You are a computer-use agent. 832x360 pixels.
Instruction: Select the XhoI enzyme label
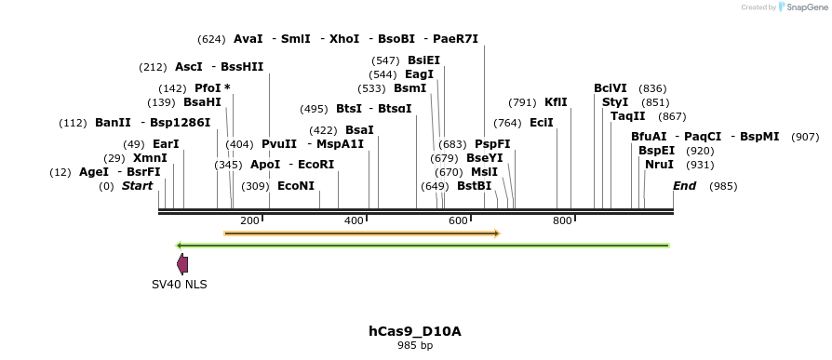[344, 39]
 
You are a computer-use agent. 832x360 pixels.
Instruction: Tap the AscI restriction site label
[189, 67]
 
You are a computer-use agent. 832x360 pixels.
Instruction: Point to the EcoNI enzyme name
[296, 186]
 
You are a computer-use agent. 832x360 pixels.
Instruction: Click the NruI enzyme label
[660, 165]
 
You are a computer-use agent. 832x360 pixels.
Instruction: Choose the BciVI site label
[611, 88]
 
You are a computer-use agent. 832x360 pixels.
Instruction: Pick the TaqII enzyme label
[628, 116]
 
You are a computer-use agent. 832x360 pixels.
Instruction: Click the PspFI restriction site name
[492, 144]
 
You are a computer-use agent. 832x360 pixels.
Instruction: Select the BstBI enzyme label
[474, 186]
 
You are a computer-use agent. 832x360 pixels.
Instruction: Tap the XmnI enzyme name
[150, 158]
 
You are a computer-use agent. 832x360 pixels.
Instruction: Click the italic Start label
[137, 186]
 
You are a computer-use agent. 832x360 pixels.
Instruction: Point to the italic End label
[684, 186]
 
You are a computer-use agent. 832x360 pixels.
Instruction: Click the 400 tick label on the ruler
[354, 220]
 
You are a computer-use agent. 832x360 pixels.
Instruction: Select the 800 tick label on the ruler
[562, 220]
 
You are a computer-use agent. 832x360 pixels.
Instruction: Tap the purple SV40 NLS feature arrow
[182, 264]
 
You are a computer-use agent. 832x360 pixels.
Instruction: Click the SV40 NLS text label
[180, 284]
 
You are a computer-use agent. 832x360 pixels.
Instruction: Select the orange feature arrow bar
[362, 233]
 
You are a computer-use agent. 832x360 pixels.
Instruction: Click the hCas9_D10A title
[415, 331]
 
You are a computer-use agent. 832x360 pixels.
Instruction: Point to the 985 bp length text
[415, 345]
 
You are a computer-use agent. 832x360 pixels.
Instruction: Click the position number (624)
[211, 39]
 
